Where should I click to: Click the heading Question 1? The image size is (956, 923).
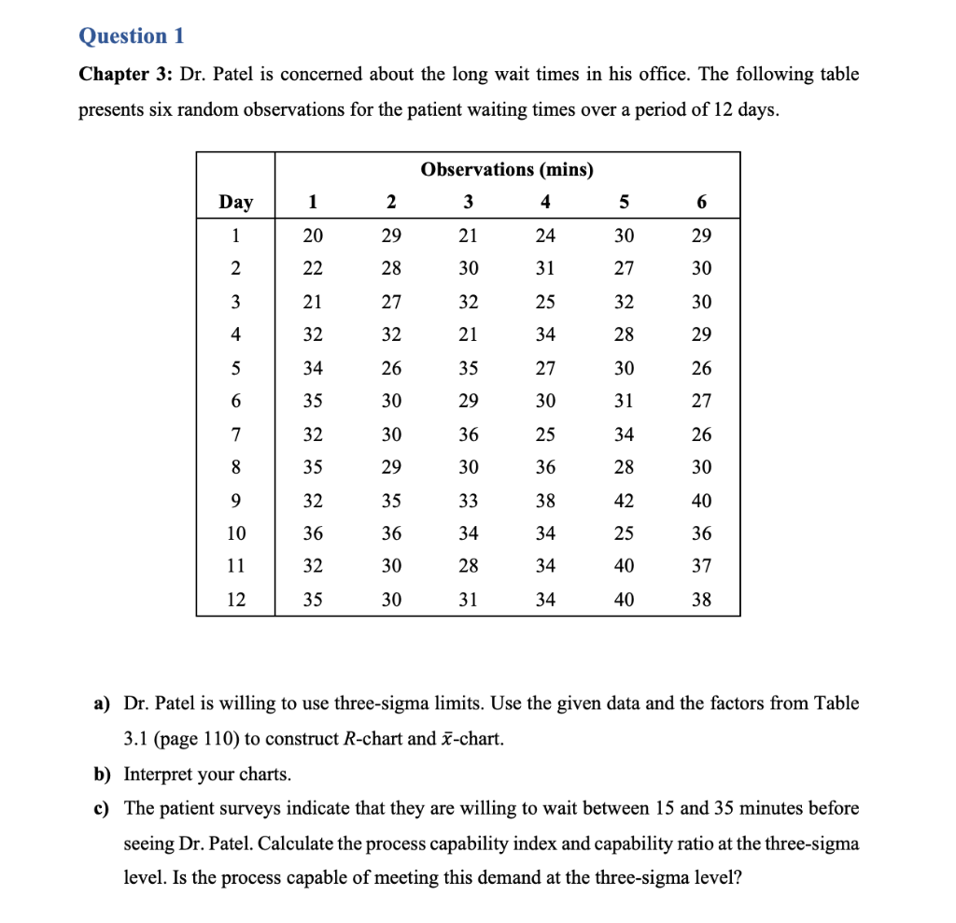(132, 35)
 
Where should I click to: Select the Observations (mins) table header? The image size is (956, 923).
(507, 169)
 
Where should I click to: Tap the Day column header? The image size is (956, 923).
(235, 202)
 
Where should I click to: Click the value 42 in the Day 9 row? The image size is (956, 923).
(624, 501)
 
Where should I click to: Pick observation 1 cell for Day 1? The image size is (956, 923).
(313, 235)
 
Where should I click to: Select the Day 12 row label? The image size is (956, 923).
(235, 600)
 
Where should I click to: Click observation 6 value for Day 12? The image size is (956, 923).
(701, 600)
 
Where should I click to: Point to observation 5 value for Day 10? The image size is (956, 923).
(624, 533)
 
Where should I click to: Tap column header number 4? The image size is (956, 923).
(546, 202)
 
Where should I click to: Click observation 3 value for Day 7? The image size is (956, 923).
(469, 434)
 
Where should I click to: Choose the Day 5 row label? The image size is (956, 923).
(235, 368)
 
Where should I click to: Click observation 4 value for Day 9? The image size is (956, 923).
(546, 501)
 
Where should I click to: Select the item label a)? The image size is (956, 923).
(102, 703)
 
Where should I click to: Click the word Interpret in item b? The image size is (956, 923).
(159, 774)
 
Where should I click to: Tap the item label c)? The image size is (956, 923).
(102, 808)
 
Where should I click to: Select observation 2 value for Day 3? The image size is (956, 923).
(391, 302)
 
